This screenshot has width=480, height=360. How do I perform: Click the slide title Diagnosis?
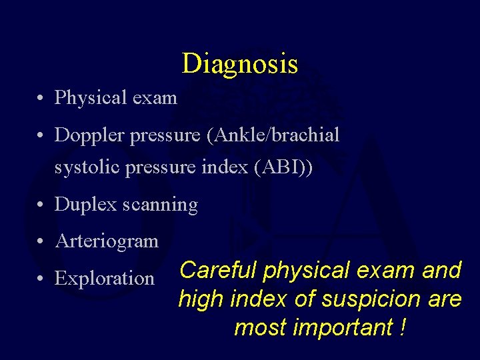240,64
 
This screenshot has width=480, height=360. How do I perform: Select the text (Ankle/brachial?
273,135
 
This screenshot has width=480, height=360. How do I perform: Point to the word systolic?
86,167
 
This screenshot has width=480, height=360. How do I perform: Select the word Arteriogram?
107,241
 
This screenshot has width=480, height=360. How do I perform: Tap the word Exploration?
105,278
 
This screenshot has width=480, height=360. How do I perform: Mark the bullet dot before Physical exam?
41,99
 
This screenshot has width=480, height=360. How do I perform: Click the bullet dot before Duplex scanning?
41,206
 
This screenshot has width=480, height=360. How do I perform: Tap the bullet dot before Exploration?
41,279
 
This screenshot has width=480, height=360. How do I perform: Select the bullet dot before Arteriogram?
41,241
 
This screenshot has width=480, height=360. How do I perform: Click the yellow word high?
201,299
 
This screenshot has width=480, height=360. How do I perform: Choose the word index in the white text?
227,167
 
